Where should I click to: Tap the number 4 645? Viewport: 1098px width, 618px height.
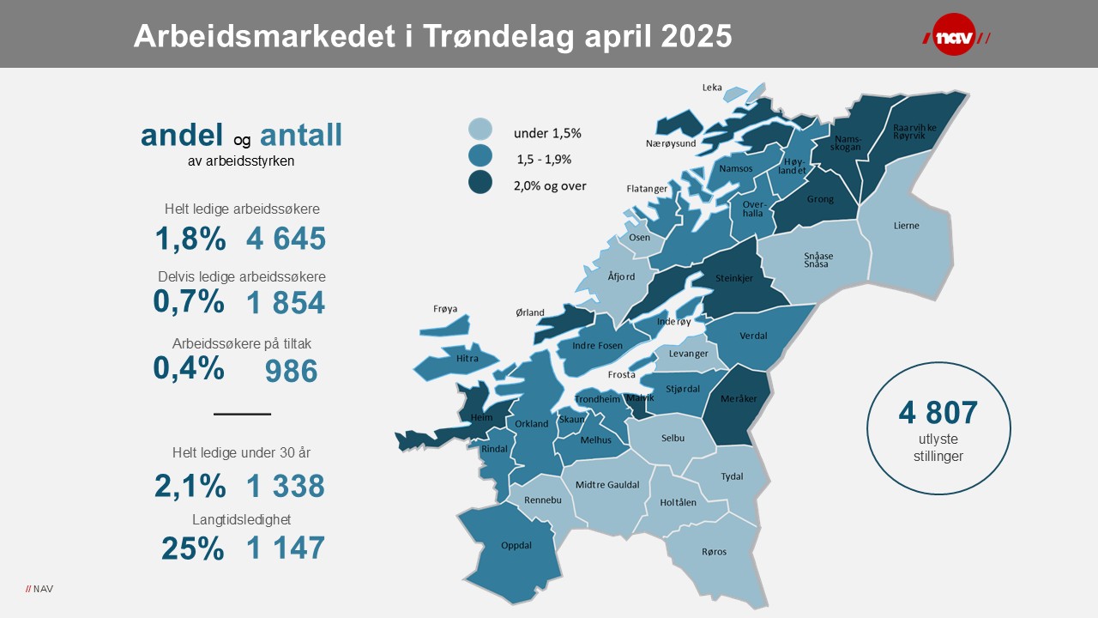pyautogui.click(x=286, y=239)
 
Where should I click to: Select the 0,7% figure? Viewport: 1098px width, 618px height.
pyautogui.click(x=189, y=301)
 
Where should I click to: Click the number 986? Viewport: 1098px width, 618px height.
pyautogui.click(x=292, y=371)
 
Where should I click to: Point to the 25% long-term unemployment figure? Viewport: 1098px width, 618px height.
pyautogui.click(x=192, y=548)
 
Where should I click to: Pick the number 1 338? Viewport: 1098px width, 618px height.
pyautogui.click(x=286, y=487)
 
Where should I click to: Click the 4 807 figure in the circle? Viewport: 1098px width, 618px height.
pyautogui.click(x=938, y=413)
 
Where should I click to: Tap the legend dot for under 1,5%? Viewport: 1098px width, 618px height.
pyautogui.click(x=480, y=130)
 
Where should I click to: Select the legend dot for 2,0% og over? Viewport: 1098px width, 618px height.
pyautogui.click(x=480, y=183)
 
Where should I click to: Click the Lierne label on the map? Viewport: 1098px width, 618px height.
pyautogui.click(x=906, y=226)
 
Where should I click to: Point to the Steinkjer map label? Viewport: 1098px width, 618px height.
pyautogui.click(x=735, y=278)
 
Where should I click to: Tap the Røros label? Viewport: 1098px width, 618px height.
pyautogui.click(x=713, y=552)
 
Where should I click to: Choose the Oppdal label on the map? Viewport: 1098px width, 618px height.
pyautogui.click(x=516, y=545)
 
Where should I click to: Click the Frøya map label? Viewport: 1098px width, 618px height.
pyautogui.click(x=445, y=309)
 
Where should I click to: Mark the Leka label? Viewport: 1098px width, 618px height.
pyautogui.click(x=712, y=88)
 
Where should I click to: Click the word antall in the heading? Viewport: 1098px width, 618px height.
pyautogui.click(x=301, y=135)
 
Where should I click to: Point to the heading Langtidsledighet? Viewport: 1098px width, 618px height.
pyautogui.click(x=242, y=519)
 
